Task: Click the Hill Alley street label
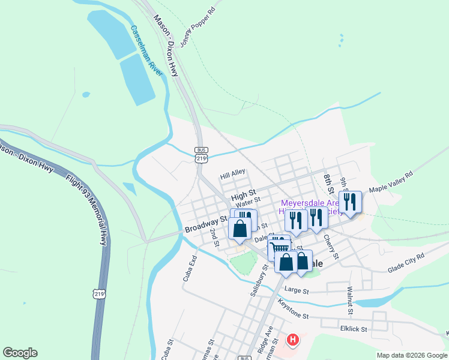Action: tap(233, 174)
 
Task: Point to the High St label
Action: tap(243, 196)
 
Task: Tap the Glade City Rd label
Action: tap(406, 263)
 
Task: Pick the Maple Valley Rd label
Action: tap(391, 181)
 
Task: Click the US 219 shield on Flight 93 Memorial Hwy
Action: tap(100, 293)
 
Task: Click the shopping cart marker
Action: tap(280, 247)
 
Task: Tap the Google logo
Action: tap(20, 353)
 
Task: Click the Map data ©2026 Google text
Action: tap(411, 355)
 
